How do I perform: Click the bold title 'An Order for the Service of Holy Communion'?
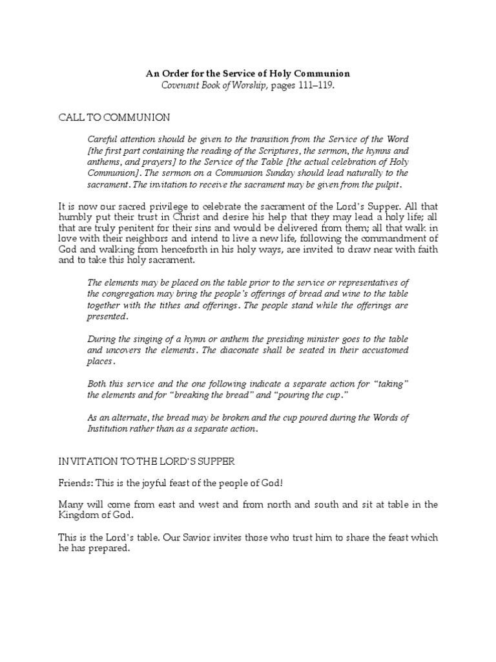coord(248,74)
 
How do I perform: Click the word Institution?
coord(107,429)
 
